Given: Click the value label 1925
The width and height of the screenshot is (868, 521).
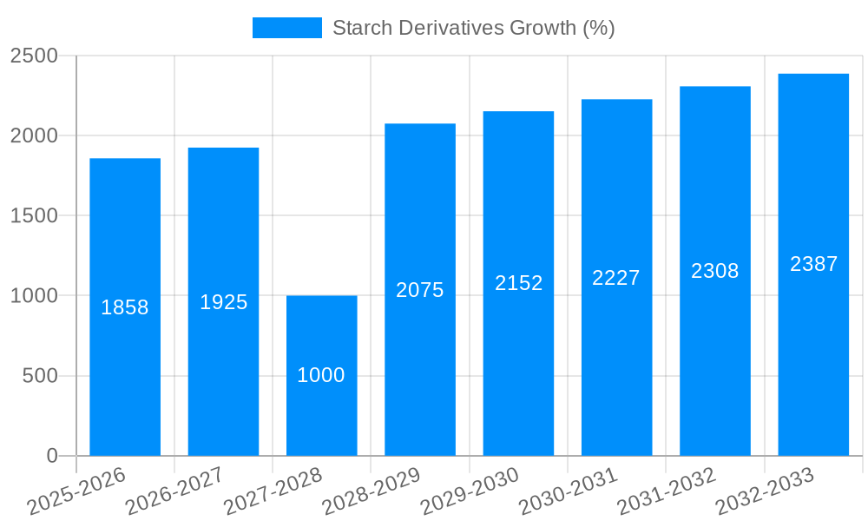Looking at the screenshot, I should point(224,302).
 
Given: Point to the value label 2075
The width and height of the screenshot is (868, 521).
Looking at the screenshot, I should point(420,290).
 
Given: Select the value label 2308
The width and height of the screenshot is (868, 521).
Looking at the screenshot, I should point(715,271).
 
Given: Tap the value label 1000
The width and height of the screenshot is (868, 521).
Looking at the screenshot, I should point(321,375).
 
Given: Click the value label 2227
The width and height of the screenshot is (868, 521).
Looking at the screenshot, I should point(616,278).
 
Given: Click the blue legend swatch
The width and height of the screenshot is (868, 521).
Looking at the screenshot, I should point(286,28).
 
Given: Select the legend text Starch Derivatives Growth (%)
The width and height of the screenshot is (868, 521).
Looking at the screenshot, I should point(474,28).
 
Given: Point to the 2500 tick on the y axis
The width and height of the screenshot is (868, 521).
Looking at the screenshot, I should point(34,56).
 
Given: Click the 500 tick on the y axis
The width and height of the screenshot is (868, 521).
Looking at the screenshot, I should point(40,376).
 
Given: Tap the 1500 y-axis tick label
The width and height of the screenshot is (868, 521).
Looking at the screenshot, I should point(34,216).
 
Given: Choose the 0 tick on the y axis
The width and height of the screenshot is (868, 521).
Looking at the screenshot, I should point(51,456).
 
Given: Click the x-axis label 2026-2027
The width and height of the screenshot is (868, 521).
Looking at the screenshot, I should point(174,491).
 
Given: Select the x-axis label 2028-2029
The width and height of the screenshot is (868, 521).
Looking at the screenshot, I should point(371,491).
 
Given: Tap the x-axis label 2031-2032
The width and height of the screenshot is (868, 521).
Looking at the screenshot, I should point(666,491).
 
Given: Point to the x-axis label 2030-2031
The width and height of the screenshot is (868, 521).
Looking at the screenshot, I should point(568,491).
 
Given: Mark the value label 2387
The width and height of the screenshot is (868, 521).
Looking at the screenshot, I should point(814,264).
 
